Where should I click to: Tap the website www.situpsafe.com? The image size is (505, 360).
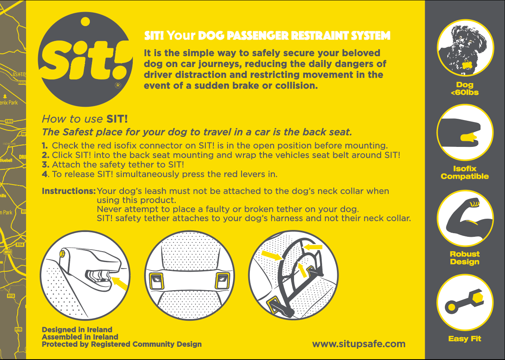(x=359, y=344)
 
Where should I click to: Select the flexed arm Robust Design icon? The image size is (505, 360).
(x=464, y=218)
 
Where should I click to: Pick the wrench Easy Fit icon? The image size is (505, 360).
(x=464, y=303)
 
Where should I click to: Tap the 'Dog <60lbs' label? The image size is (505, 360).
(x=464, y=89)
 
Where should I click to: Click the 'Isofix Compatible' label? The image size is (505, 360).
(x=464, y=173)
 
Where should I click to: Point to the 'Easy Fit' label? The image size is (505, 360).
(x=464, y=339)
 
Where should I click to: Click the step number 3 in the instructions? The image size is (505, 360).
(x=45, y=165)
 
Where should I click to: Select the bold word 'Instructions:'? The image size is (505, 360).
(x=69, y=191)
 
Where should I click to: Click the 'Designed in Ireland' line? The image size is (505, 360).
(x=77, y=329)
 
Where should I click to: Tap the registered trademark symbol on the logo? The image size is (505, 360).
(x=118, y=85)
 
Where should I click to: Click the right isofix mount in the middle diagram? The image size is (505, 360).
(x=223, y=280)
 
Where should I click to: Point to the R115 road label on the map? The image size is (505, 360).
(x=18, y=329)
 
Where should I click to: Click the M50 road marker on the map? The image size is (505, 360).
(x=8, y=252)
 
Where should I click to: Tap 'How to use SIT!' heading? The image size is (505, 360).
(x=85, y=119)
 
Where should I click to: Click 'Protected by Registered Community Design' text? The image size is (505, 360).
(x=122, y=344)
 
